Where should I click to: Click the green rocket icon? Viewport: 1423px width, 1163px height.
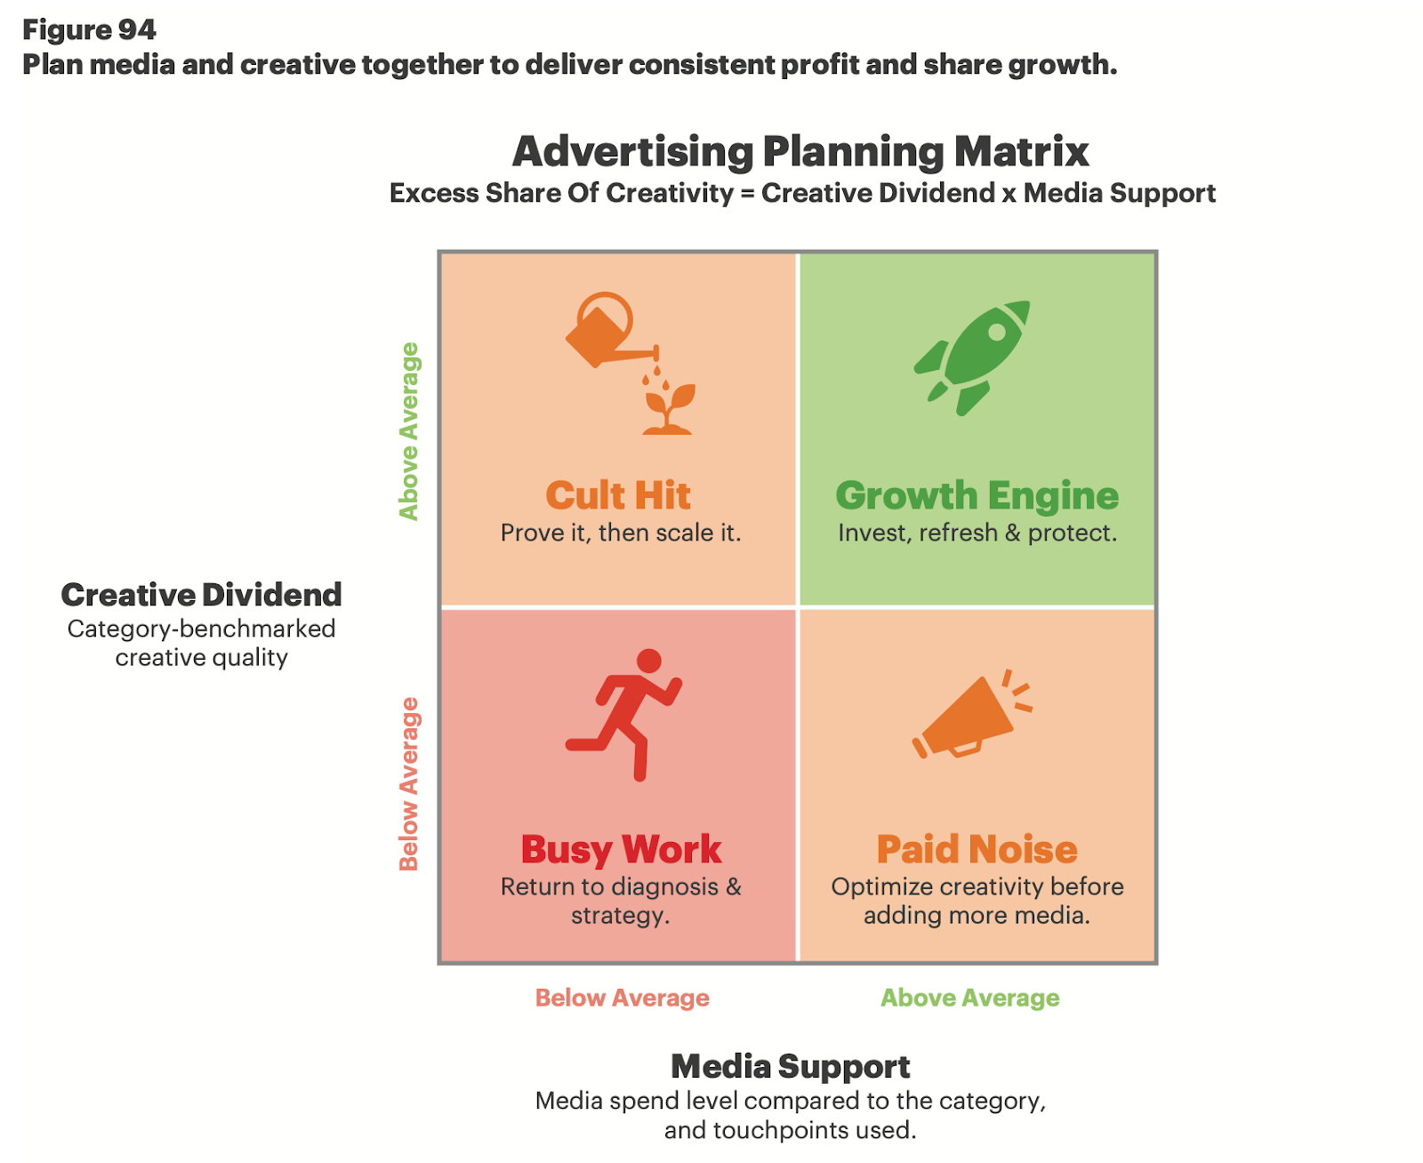972,357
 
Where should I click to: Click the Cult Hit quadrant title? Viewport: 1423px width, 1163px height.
618,495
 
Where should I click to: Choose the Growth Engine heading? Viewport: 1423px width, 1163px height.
977,495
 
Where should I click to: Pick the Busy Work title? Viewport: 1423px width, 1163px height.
621,849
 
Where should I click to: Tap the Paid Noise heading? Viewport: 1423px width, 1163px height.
977,849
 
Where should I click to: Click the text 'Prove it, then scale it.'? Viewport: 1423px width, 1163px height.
620,533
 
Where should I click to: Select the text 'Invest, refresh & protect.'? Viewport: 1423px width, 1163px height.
977,533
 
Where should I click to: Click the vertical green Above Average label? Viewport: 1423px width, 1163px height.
408,431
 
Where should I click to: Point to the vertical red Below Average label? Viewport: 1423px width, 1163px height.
408,783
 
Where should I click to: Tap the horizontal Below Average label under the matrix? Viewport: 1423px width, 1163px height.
622,998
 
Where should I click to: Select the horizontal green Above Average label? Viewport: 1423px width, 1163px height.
969,998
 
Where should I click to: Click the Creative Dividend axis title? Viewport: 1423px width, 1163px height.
201,594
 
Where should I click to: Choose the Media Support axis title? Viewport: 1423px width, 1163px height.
790,1065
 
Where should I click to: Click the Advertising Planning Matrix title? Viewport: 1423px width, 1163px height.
800,151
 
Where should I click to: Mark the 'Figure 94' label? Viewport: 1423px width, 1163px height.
89,29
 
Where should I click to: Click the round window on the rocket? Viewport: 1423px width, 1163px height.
998,332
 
